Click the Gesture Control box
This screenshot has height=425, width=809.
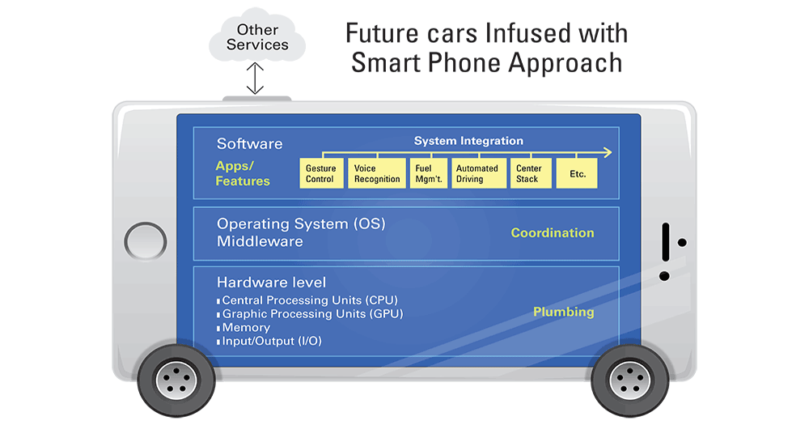click(320, 173)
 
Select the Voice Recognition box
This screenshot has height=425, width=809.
click(377, 173)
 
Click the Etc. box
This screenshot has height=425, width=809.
click(577, 173)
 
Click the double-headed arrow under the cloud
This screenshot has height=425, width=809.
click(256, 79)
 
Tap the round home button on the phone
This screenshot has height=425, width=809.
click(145, 241)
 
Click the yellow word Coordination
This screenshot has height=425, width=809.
click(553, 233)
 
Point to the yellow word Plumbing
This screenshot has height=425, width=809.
click(564, 312)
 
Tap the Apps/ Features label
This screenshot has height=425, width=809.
click(243, 173)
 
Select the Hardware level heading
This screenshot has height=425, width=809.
click(271, 283)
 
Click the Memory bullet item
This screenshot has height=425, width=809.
click(246, 328)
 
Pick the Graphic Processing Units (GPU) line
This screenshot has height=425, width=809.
click(312, 314)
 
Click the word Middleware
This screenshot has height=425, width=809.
click(260, 241)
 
